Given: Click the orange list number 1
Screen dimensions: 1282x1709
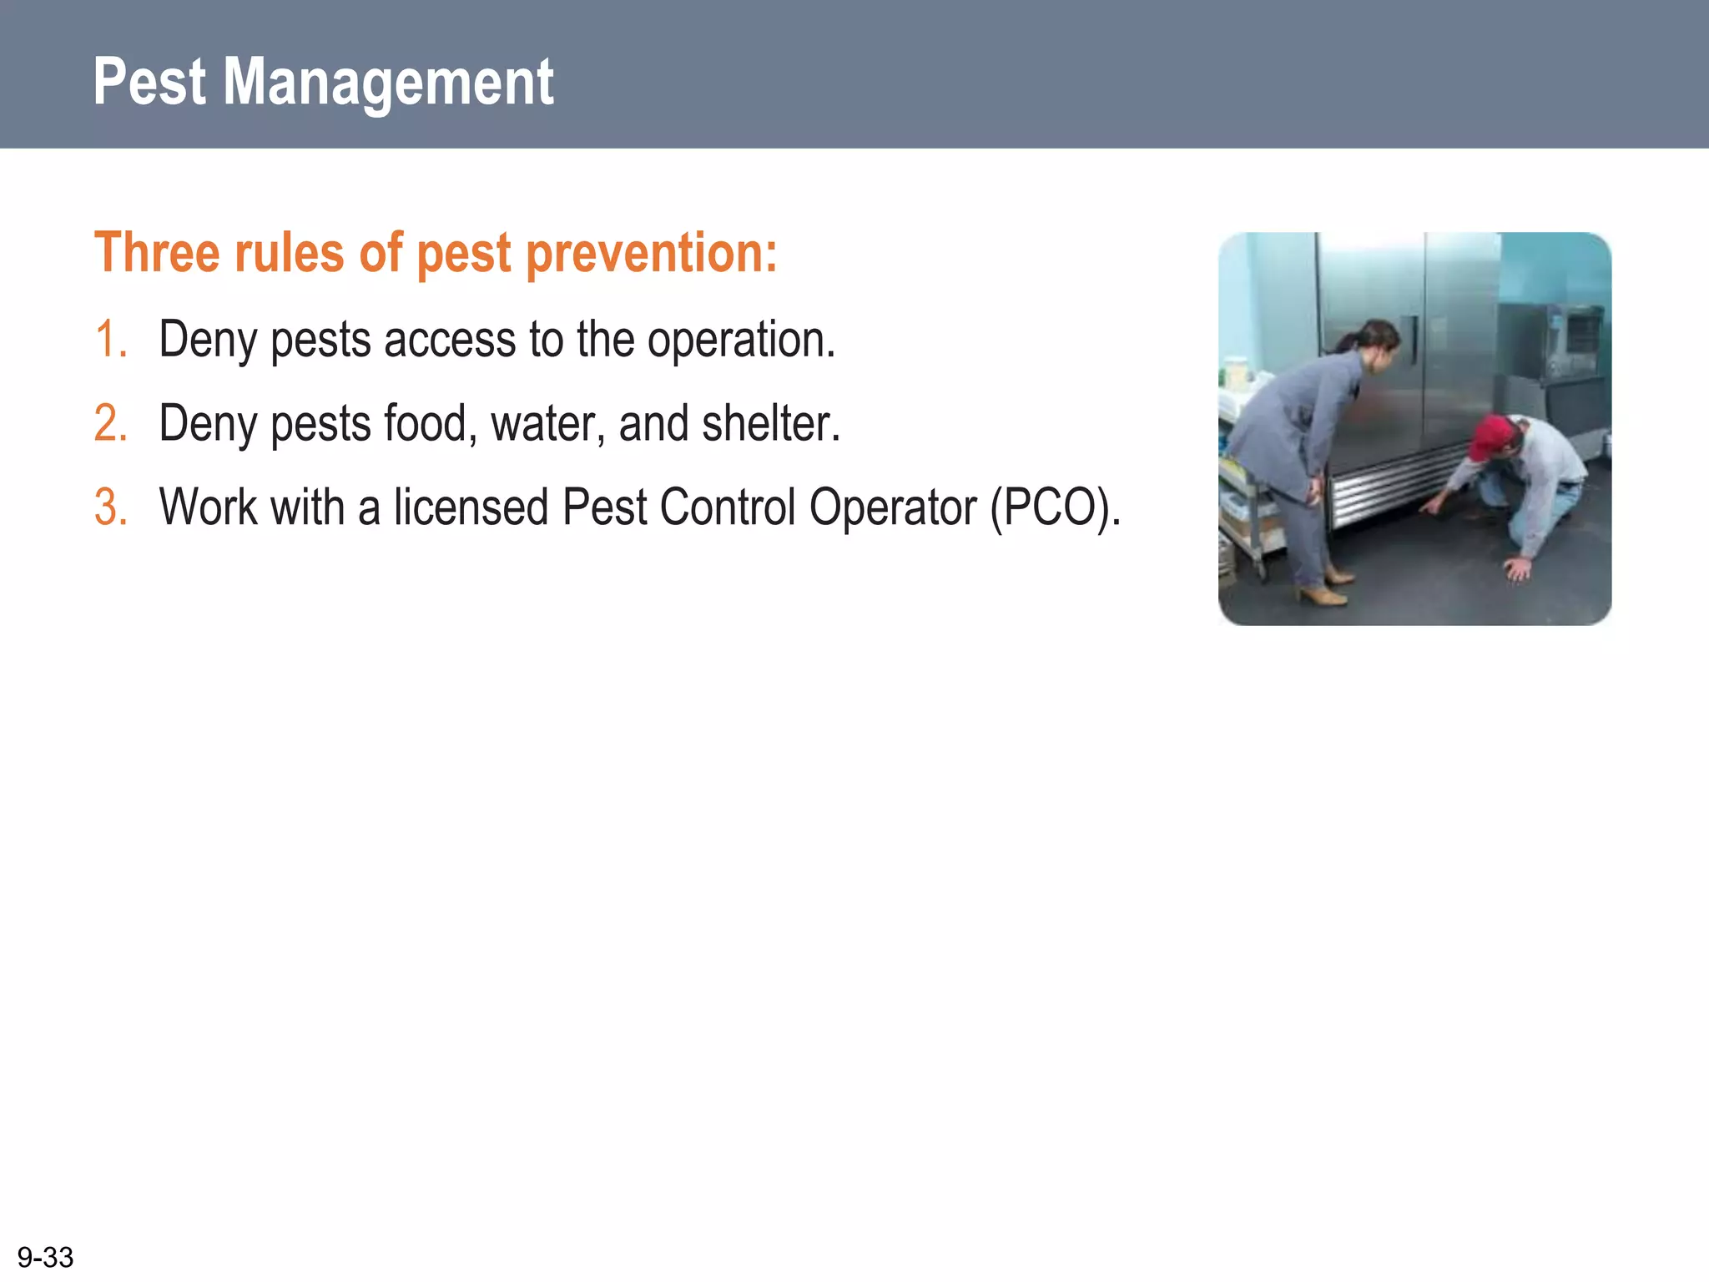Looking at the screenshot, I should [x=109, y=340].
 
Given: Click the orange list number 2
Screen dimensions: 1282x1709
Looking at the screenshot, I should [x=110, y=423].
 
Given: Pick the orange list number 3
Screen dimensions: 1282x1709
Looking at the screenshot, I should [x=110, y=507].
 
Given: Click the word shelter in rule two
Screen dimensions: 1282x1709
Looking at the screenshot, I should [x=770, y=423].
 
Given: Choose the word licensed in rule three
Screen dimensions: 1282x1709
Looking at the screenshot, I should [x=471, y=507].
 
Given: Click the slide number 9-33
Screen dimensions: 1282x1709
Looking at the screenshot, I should [x=45, y=1257].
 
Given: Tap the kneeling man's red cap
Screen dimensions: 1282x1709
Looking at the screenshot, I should [x=1490, y=437].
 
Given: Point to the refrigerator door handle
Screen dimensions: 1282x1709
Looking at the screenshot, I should [x=1412, y=340].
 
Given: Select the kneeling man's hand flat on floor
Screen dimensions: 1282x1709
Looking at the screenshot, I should [x=1518, y=568].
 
